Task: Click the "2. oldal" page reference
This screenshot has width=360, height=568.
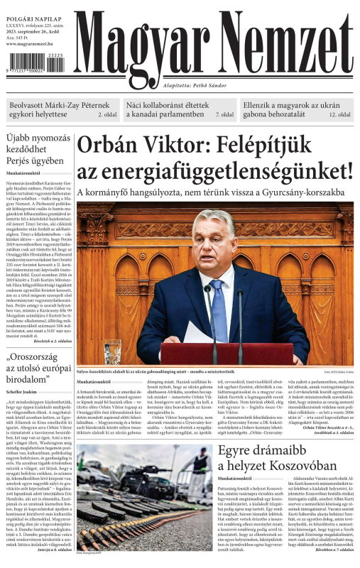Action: [107, 114]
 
